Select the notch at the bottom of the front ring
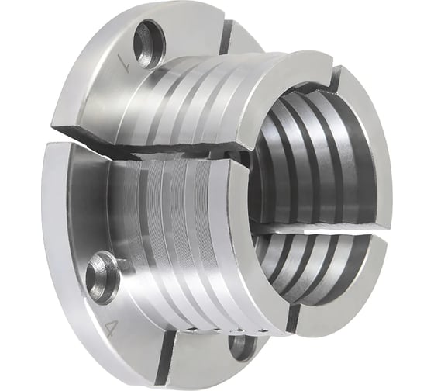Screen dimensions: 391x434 point(294,317)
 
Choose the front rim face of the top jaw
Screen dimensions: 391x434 point(279,85)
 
